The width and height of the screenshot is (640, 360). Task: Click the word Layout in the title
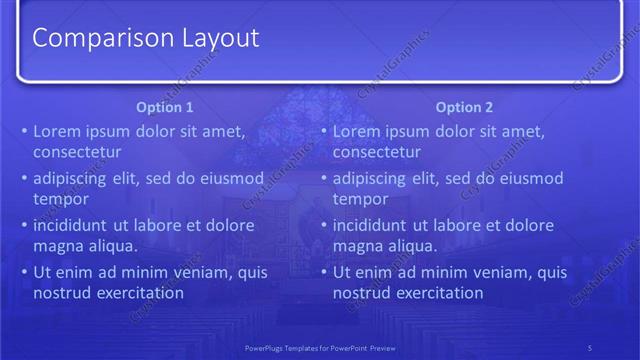click(x=220, y=38)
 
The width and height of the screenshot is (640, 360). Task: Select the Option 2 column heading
click(x=465, y=107)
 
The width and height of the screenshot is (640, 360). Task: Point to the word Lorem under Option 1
click(x=57, y=131)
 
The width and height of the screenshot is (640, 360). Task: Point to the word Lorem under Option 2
click(x=357, y=131)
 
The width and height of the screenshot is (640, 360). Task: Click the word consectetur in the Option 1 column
click(x=77, y=153)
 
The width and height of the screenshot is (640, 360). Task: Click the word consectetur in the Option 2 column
click(x=377, y=153)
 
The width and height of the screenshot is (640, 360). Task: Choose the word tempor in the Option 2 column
click(x=360, y=200)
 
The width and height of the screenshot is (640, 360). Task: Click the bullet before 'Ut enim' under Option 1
click(x=25, y=273)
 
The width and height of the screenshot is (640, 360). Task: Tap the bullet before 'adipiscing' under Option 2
click(x=325, y=179)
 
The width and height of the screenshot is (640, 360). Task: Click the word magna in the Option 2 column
click(x=356, y=247)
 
